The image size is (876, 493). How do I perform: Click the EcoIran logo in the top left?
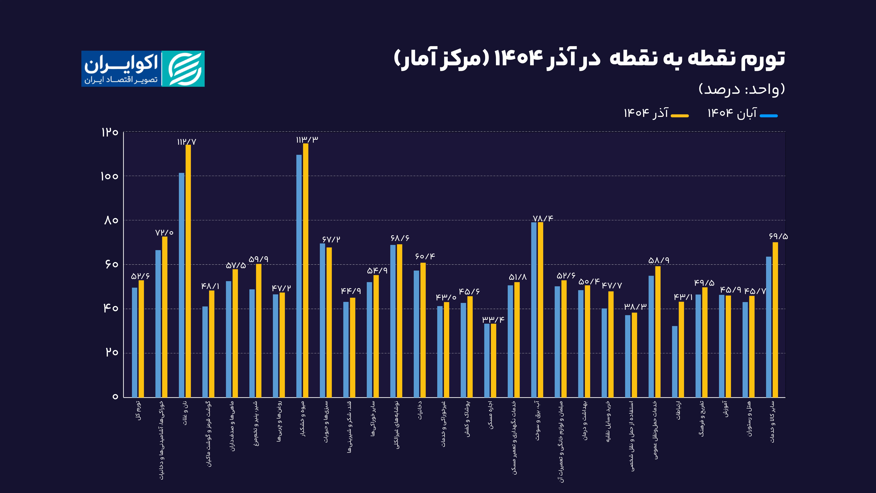click(x=143, y=69)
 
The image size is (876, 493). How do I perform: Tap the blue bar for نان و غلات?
click(x=182, y=285)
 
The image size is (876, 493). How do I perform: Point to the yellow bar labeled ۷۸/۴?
click(x=540, y=310)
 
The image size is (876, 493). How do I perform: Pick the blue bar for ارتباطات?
click(x=675, y=362)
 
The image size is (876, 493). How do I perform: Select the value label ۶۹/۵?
click(x=778, y=236)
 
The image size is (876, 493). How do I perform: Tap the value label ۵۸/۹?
click(x=659, y=260)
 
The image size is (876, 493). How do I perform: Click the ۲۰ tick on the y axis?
click(x=112, y=352)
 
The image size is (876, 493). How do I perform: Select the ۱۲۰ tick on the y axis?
click(x=109, y=132)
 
